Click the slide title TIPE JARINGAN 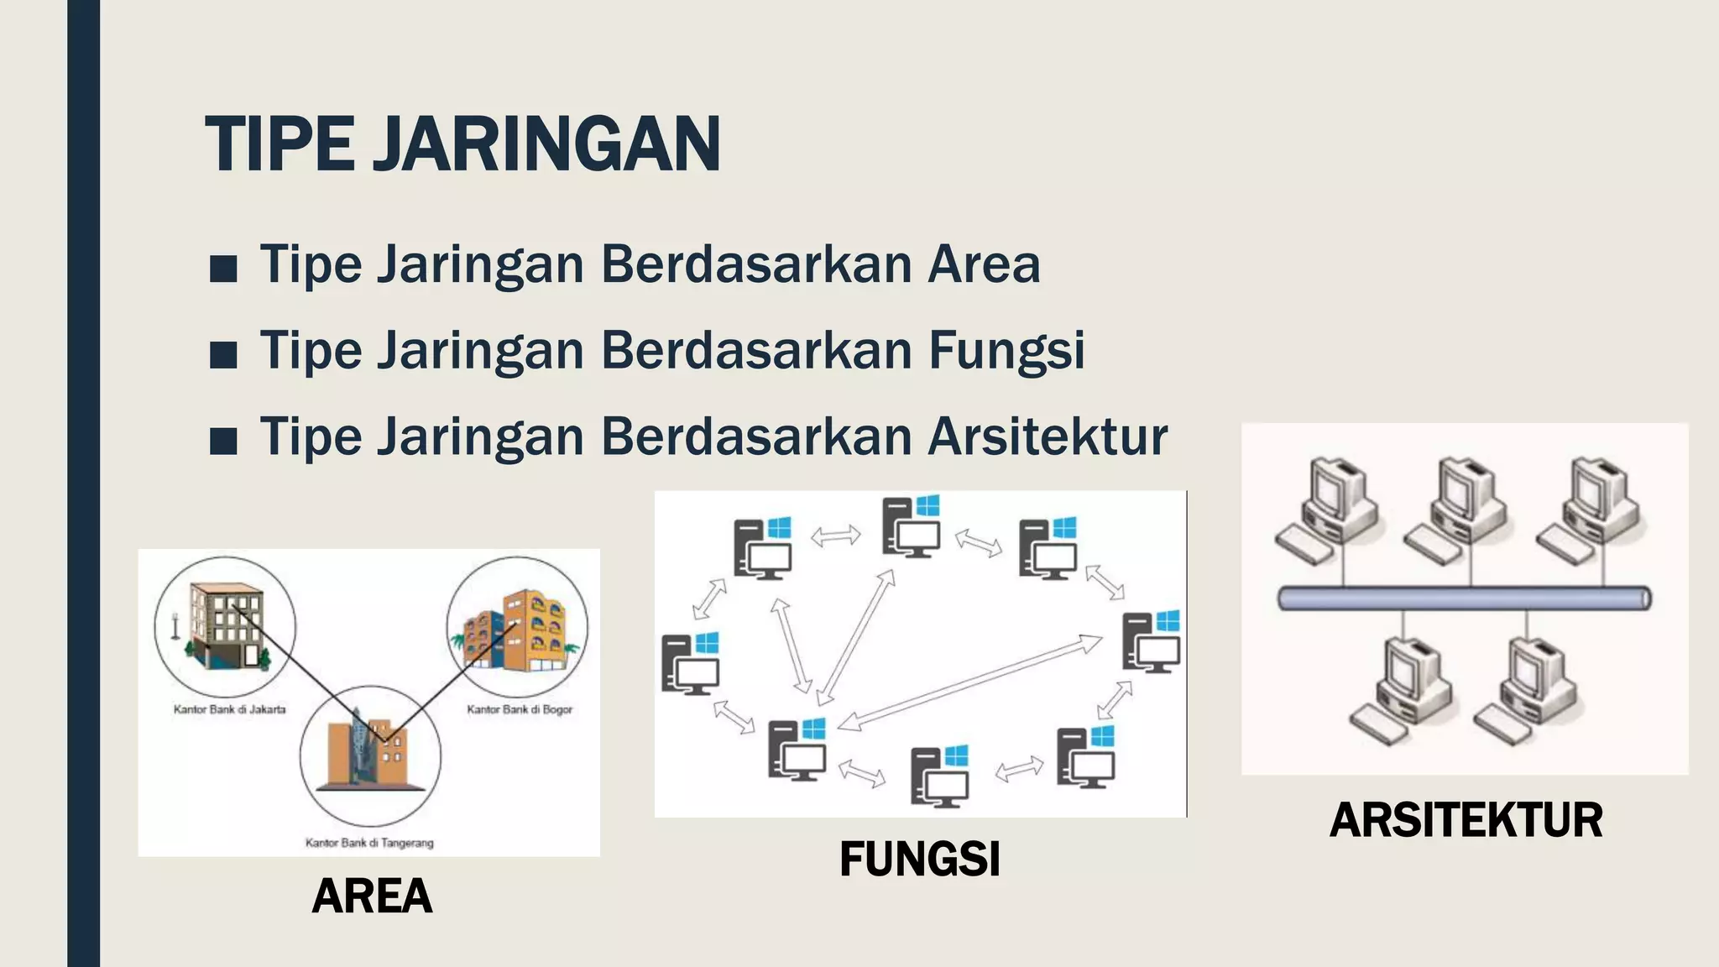click(x=462, y=144)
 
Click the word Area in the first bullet click(x=984, y=264)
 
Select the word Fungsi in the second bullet click(x=1006, y=350)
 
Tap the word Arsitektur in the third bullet click(x=1048, y=436)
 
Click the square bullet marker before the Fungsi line click(x=223, y=355)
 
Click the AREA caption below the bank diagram click(x=372, y=896)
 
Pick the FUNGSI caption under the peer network click(x=919, y=860)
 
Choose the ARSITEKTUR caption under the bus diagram click(x=1466, y=820)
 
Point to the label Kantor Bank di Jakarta click(x=229, y=709)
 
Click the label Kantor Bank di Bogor click(x=520, y=709)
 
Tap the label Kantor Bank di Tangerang click(x=369, y=843)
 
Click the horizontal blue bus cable click(x=1464, y=598)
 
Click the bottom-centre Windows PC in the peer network click(x=940, y=776)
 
